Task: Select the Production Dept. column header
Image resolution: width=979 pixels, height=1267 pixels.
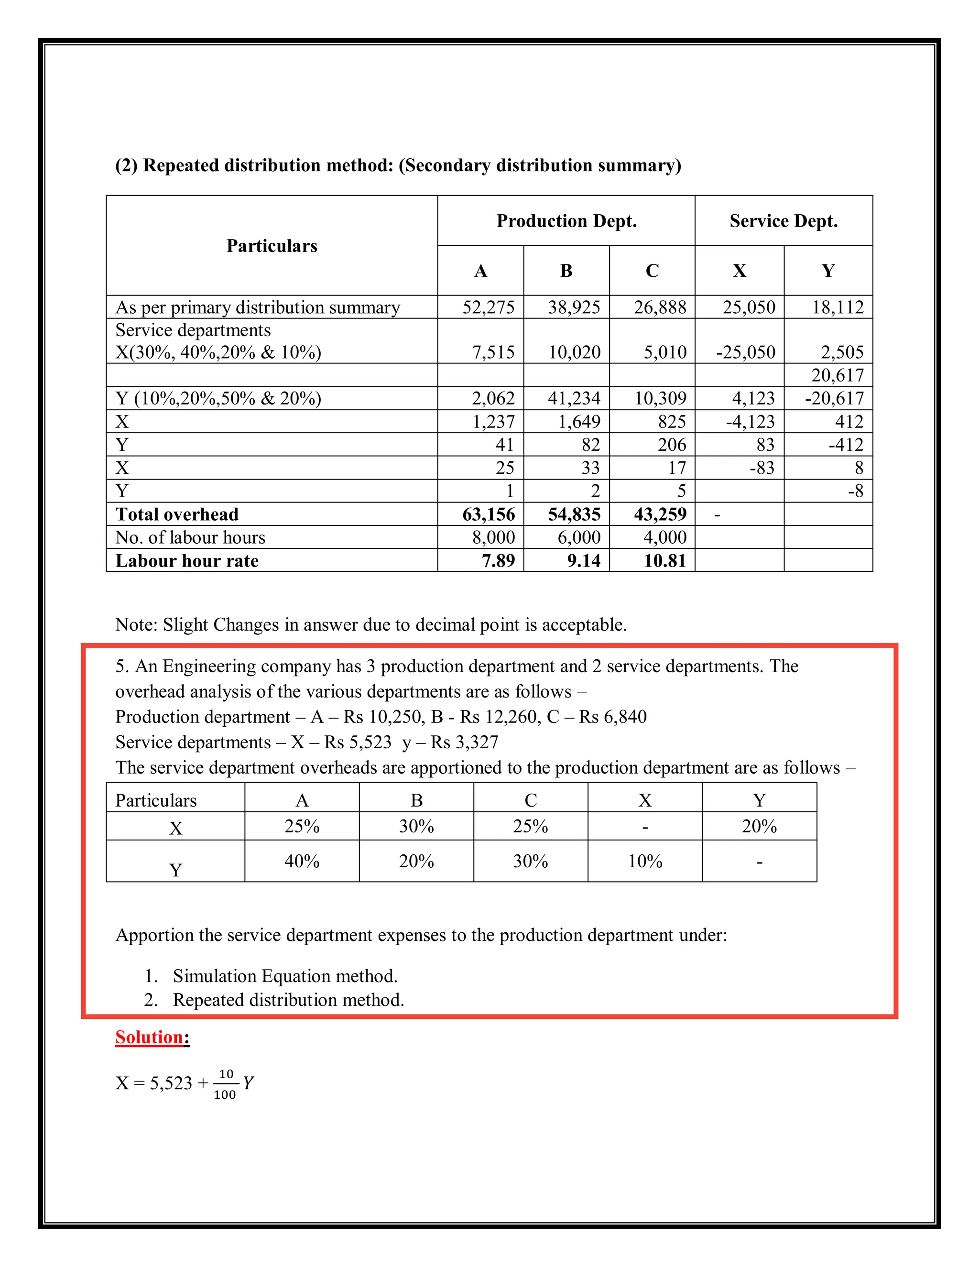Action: tap(566, 221)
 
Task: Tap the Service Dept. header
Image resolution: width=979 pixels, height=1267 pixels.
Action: tap(783, 221)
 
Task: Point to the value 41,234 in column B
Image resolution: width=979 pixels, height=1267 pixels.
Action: tap(574, 398)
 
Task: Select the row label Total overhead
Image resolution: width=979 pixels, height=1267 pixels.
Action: tap(177, 514)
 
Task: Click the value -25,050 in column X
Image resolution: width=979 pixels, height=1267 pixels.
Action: tap(745, 352)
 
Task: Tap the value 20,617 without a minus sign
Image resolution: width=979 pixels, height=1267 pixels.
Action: tap(837, 375)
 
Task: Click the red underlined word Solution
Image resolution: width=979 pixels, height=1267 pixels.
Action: tap(149, 1037)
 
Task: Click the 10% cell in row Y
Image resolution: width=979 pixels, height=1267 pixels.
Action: tap(645, 861)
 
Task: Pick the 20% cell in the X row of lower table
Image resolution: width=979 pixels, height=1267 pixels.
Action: tap(759, 826)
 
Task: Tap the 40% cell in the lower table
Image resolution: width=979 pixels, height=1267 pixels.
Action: tap(302, 861)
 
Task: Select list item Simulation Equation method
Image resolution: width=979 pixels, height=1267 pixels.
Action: tap(285, 976)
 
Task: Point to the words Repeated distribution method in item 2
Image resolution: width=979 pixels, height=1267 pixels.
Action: tap(288, 1000)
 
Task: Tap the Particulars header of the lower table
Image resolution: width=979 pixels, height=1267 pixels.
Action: tap(156, 800)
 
